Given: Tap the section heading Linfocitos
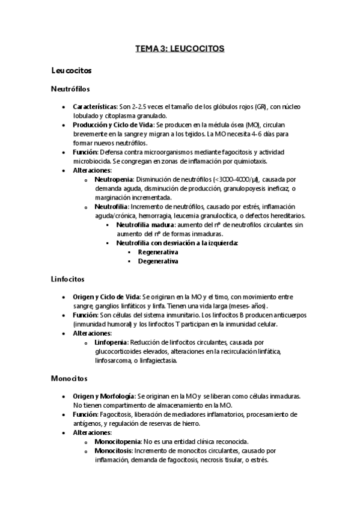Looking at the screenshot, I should coord(68,279).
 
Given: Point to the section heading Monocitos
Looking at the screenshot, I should coord(69,378).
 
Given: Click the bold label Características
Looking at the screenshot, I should coord(94,106).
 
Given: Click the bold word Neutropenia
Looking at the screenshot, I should coord(114,179).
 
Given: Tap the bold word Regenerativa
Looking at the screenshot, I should coord(158,252).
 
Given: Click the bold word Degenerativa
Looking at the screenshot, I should coord(158,261).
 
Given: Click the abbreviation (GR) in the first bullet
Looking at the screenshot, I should coord(261,106).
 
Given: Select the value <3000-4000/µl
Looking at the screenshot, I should coord(235,179).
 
